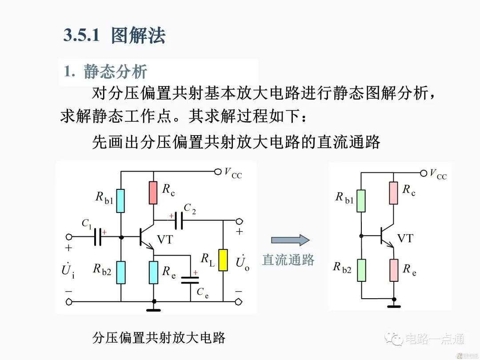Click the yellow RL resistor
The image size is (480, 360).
coord(223,260)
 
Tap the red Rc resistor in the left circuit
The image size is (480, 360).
coord(153,192)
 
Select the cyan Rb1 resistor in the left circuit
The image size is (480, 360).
coord(121,200)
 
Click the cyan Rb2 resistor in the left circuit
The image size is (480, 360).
coord(121,272)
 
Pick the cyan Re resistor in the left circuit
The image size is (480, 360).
coord(153,272)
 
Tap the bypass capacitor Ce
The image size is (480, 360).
coord(191,280)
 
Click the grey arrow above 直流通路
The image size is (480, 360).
coord(290,240)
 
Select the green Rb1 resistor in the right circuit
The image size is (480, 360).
coord(361,201)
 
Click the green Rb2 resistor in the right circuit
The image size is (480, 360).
coord(361,270)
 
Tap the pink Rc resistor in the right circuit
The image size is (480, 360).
coord(393,192)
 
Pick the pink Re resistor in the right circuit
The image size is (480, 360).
coord(393,270)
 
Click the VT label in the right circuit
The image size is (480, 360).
coord(405,239)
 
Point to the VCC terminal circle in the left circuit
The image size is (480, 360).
coord(217,171)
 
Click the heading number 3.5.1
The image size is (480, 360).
coord(81,36)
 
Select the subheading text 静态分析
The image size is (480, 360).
coord(115,72)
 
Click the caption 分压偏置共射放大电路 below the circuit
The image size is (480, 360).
coord(159,338)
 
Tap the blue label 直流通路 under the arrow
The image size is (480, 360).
coord(288,260)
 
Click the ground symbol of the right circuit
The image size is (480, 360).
coord(393,306)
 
